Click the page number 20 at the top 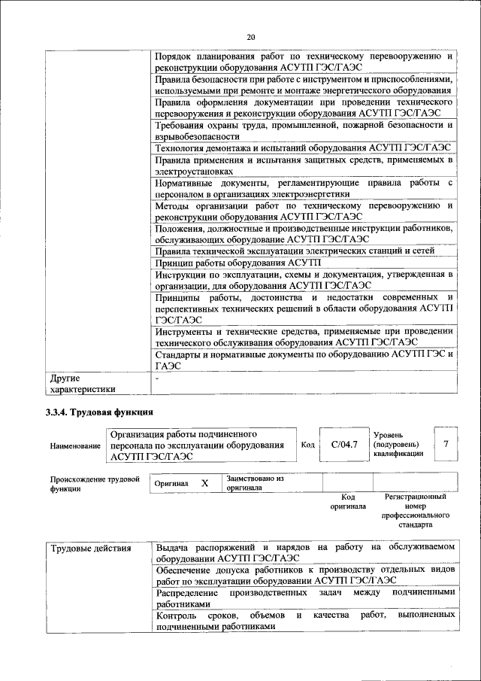click(x=251, y=36)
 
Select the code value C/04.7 click(x=343, y=445)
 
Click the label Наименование click(x=75, y=445)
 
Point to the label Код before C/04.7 click(x=307, y=445)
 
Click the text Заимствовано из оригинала click(x=255, y=482)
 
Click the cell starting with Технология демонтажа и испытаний click(x=303, y=147)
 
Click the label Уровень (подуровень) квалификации click(x=398, y=444)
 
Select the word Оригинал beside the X click(x=171, y=484)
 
